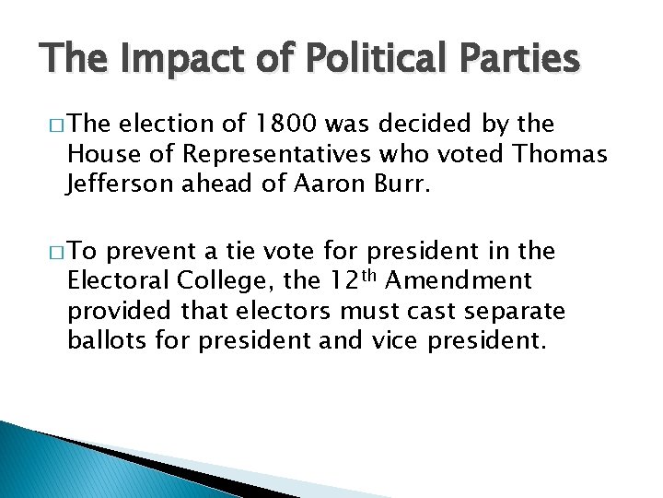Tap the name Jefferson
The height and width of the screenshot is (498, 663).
coord(117,184)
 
